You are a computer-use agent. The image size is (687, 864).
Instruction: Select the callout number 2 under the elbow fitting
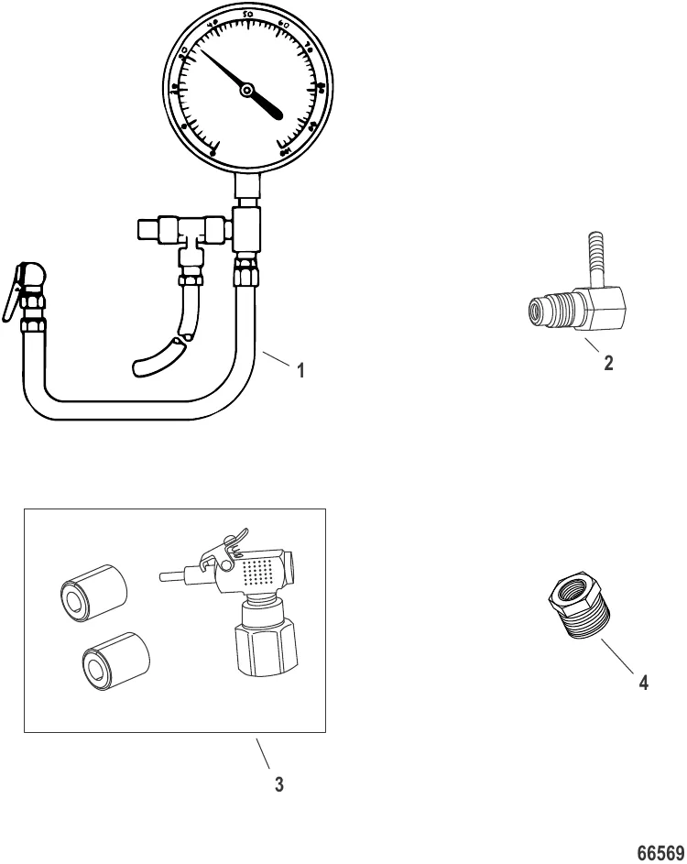tap(609, 363)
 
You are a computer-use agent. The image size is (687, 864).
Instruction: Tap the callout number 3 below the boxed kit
tap(279, 784)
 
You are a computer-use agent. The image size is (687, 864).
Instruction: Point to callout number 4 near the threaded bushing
tap(644, 683)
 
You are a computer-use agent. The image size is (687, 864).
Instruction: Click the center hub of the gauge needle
tap(246, 89)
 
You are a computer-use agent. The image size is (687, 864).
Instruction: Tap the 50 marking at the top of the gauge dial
tap(248, 17)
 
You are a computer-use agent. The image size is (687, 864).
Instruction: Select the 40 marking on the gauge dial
tap(213, 25)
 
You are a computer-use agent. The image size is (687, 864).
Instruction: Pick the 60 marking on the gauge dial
tap(283, 26)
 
